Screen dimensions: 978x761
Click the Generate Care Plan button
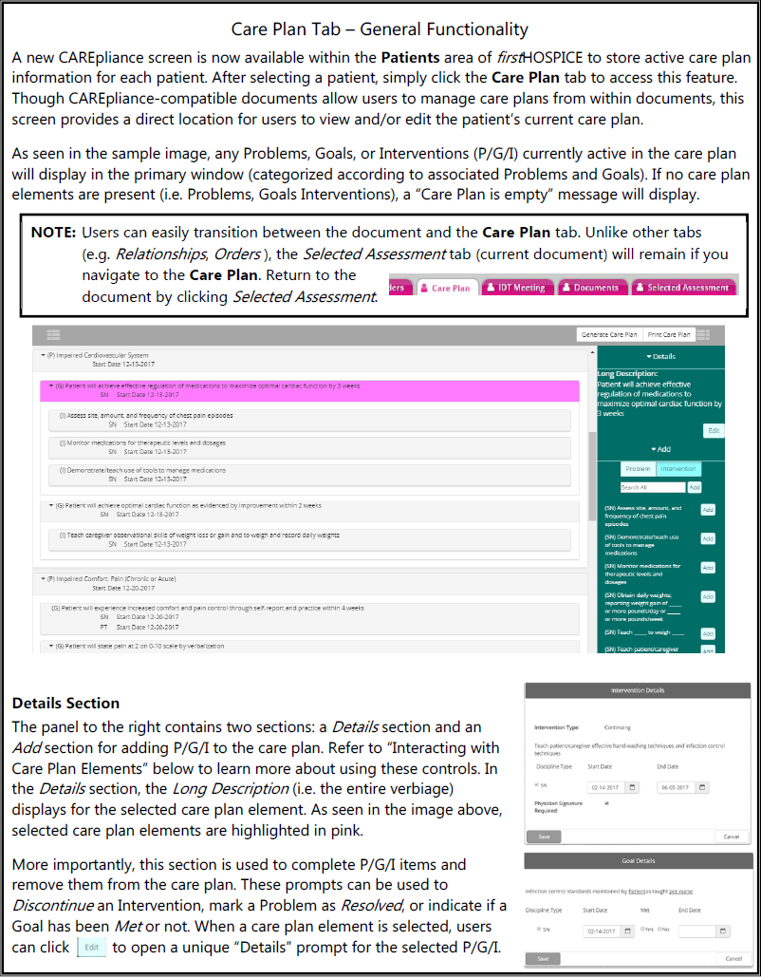pyautogui.click(x=609, y=335)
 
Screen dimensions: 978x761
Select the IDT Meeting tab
pyautogui.click(x=516, y=288)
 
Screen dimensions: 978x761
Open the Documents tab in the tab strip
pyautogui.click(x=590, y=288)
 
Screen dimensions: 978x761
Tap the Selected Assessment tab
pyautogui.click(x=683, y=288)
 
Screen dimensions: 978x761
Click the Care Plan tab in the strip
pyautogui.click(x=446, y=288)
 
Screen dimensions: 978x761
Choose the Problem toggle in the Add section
pyautogui.click(x=639, y=468)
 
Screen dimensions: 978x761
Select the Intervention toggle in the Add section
pyautogui.click(x=678, y=468)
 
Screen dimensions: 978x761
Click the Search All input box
pyautogui.click(x=652, y=487)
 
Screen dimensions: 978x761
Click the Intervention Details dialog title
pyautogui.click(x=638, y=690)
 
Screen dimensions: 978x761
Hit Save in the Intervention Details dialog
pyautogui.click(x=544, y=837)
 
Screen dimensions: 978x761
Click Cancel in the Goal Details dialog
pyautogui.click(x=731, y=958)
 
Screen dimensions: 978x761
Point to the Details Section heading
pyautogui.click(x=66, y=704)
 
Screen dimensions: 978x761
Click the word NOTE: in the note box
pyautogui.click(x=54, y=233)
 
